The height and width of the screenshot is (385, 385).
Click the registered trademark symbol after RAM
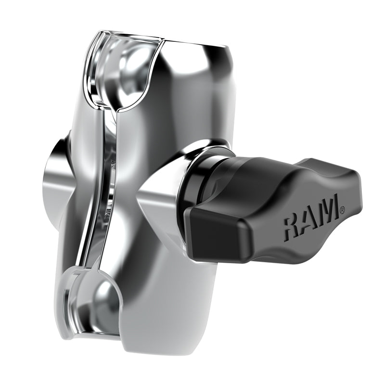342,209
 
